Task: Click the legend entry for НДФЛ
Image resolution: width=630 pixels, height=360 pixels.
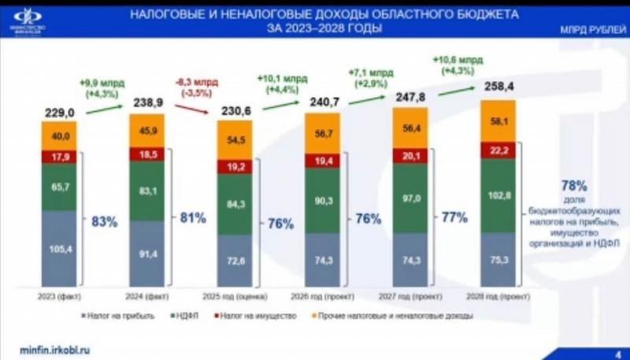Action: pos(182,316)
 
